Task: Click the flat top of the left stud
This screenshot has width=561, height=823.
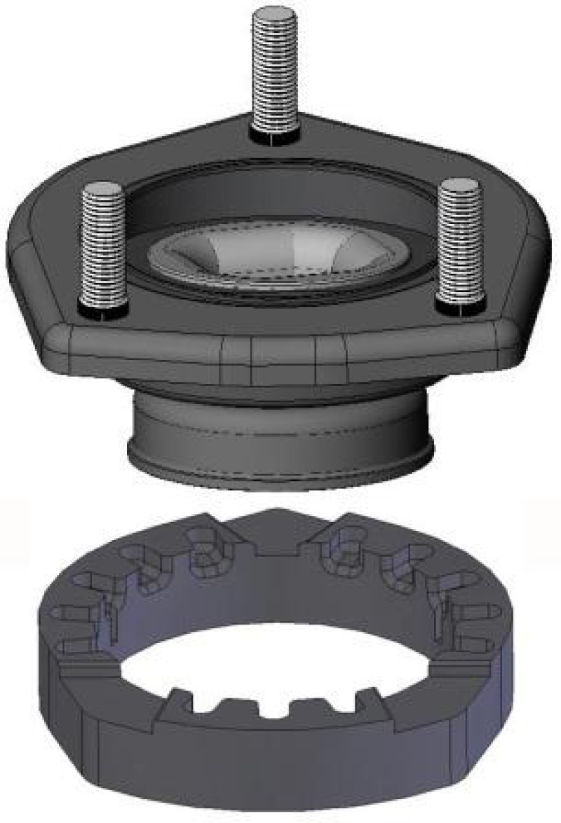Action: click(103, 188)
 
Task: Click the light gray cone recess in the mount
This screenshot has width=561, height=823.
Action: click(280, 256)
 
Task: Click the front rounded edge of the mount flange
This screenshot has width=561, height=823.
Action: click(280, 350)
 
